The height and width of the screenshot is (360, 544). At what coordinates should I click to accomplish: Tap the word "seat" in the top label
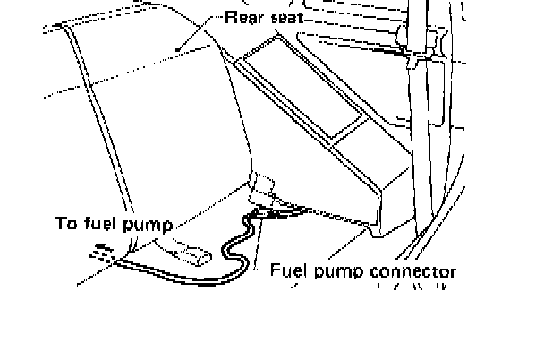[x=285, y=18]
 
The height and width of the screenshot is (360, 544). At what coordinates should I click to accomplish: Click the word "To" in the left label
[x=68, y=224]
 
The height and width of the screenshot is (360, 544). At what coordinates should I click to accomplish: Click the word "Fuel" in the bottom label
[x=289, y=270]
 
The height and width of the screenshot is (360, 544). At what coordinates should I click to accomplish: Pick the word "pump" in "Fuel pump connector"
[x=342, y=271]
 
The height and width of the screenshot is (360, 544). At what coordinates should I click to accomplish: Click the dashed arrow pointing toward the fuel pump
[x=103, y=254]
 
